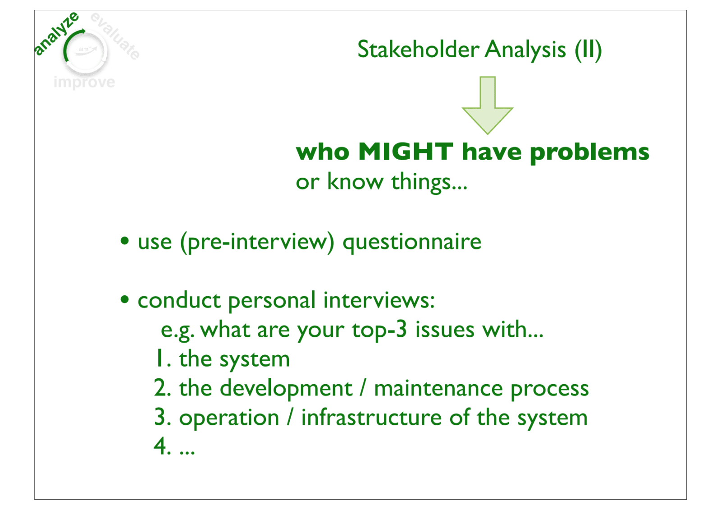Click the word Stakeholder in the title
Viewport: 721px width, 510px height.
(419, 50)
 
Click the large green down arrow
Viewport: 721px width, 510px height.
(487, 105)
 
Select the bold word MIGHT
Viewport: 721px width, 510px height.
(406, 152)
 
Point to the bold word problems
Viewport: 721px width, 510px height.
(589, 153)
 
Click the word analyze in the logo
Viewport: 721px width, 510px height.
(57, 34)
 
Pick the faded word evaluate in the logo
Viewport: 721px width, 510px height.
(115, 36)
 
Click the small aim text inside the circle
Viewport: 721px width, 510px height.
(83, 49)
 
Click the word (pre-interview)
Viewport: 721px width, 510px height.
(257, 242)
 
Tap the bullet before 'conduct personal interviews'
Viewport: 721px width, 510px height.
(124, 300)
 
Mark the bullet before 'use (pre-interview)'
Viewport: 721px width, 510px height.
(124, 241)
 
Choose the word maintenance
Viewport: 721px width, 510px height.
(438, 389)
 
